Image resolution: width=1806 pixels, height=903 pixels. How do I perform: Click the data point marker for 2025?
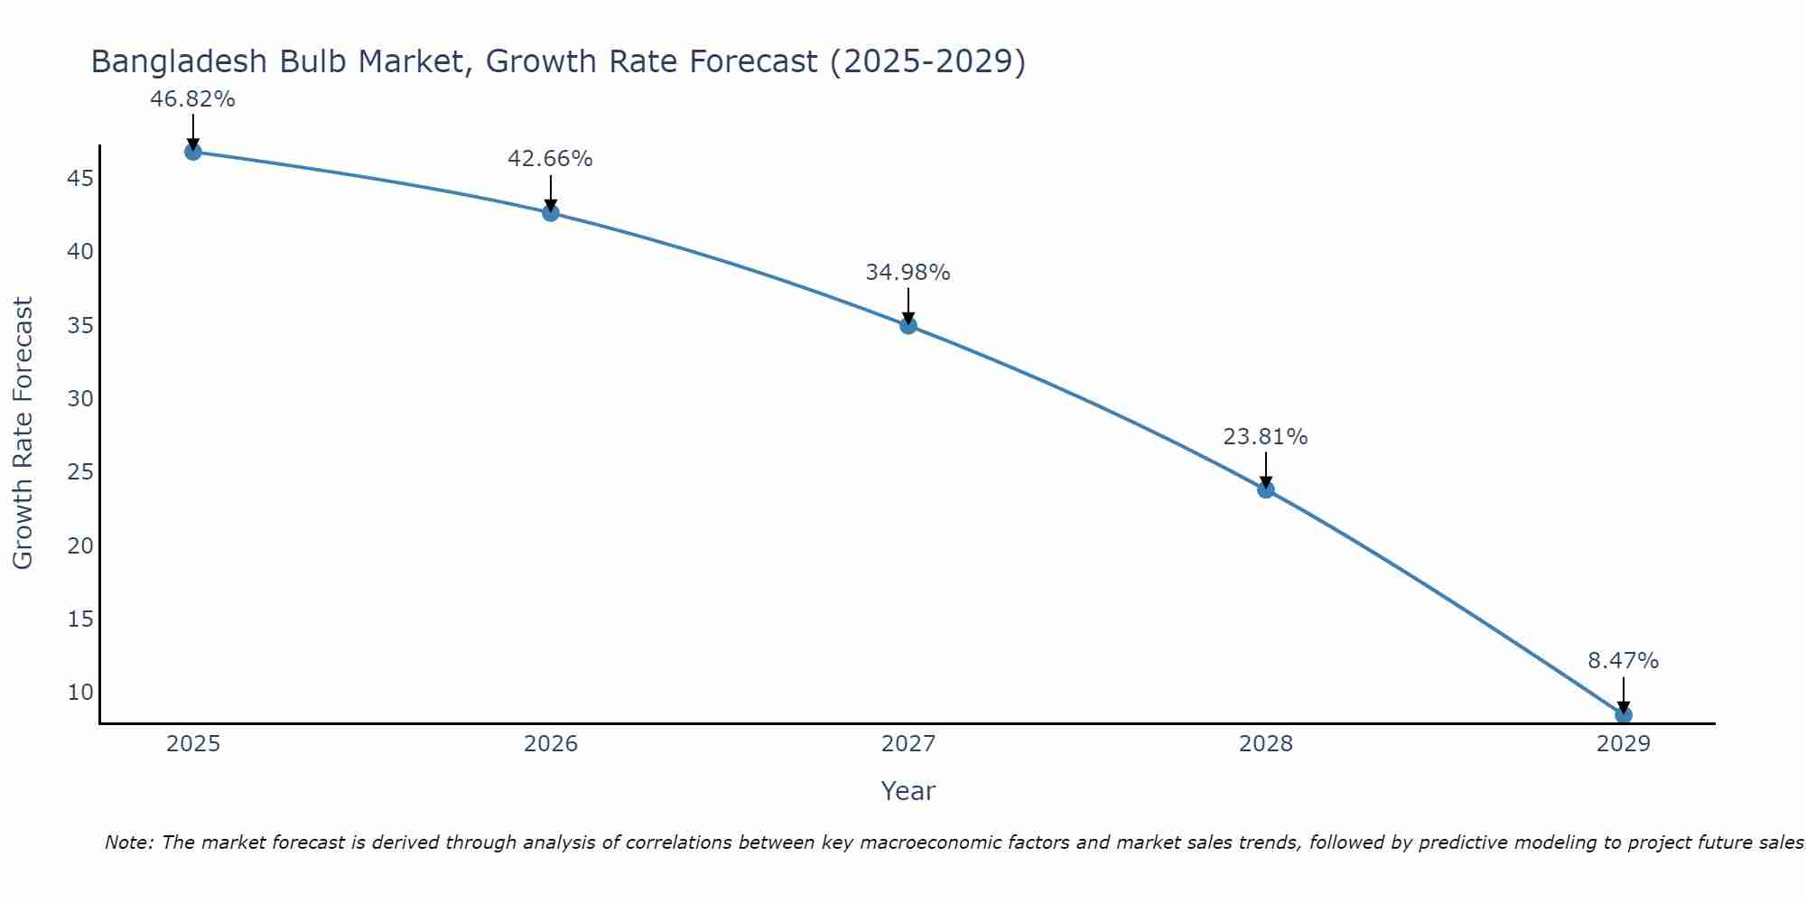click(192, 152)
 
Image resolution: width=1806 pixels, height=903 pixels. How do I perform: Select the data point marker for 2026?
click(551, 213)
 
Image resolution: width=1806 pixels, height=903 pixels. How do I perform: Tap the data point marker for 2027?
click(908, 325)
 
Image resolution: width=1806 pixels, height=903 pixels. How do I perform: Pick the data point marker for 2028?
click(1266, 489)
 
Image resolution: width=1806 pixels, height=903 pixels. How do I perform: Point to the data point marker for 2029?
click(1624, 715)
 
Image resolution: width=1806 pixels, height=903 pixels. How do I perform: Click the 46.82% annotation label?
click(192, 99)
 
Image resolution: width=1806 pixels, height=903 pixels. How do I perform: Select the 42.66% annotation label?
click(550, 159)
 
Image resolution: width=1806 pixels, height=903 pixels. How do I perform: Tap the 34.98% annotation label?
click(908, 273)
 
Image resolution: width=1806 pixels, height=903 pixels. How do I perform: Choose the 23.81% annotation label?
click(1265, 437)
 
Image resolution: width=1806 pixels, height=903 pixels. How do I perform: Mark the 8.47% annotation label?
click(1623, 661)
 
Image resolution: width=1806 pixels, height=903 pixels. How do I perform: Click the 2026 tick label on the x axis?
click(551, 744)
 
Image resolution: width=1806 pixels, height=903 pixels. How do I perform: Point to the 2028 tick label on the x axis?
click(1266, 744)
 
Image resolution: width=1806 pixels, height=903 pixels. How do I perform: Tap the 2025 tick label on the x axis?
click(193, 744)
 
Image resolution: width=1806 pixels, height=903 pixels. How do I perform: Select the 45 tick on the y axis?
click(80, 179)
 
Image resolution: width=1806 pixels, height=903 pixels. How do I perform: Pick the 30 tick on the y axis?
click(80, 399)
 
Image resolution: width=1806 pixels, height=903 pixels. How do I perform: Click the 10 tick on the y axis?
click(80, 693)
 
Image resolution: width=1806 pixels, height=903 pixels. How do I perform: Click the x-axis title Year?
click(908, 791)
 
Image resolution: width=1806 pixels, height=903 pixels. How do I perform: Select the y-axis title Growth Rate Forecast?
click(23, 433)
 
